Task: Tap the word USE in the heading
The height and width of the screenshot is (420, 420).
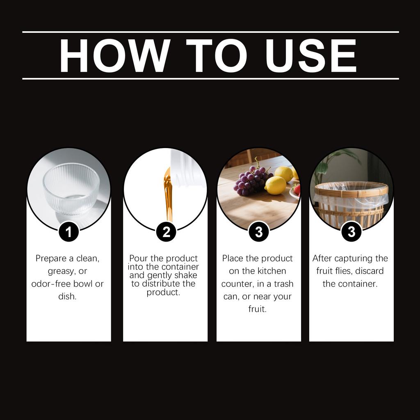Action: pos(311,55)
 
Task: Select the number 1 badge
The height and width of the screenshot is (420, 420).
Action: pos(69,232)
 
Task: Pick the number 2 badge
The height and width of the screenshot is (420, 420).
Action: pos(167,232)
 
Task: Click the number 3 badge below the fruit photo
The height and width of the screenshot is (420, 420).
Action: pos(259,232)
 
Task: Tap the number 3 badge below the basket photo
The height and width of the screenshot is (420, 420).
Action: pos(352,232)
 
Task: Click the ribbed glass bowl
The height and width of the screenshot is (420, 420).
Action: pos(71,189)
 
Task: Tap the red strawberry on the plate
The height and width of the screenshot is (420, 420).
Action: pos(297,189)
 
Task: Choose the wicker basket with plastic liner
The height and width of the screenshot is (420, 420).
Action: pos(351,203)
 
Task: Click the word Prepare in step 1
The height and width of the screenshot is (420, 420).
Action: pos(51,258)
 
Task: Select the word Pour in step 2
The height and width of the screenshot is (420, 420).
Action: pos(138,258)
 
